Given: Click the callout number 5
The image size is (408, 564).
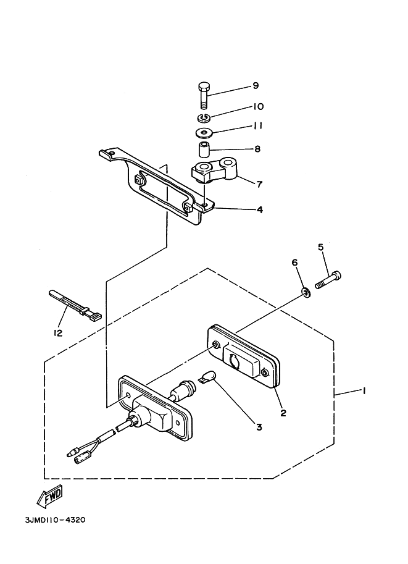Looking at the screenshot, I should pyautogui.click(x=320, y=248).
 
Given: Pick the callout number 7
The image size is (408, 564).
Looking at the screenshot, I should pyautogui.click(x=259, y=184).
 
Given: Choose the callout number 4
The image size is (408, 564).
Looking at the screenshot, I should pyautogui.click(x=260, y=209).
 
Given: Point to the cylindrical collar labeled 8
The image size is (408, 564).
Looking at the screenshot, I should pyautogui.click(x=205, y=149).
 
